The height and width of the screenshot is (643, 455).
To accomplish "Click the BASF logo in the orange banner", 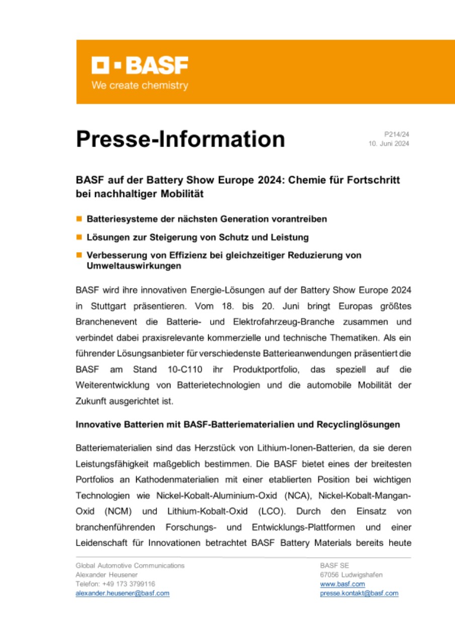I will pyautogui.click(x=140, y=66).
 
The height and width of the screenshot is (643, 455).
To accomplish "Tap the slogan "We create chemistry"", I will pyautogui.click(x=140, y=86).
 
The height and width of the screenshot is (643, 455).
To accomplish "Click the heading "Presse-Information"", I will pyautogui.click(x=180, y=139).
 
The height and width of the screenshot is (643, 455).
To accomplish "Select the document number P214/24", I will pyautogui.click(x=396, y=135).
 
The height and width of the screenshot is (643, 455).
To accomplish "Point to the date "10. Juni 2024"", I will pyautogui.click(x=389, y=144).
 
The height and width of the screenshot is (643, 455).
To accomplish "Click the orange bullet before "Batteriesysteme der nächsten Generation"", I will pyautogui.click(x=79, y=220).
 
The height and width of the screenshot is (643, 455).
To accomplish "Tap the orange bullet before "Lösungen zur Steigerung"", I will pyautogui.click(x=79, y=237).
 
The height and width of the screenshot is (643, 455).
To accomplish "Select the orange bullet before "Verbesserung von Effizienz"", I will pyautogui.click(x=79, y=255).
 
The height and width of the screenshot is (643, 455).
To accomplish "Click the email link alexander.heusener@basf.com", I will pyautogui.click(x=122, y=593).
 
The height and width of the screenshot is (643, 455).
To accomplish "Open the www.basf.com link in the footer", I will pyautogui.click(x=342, y=584).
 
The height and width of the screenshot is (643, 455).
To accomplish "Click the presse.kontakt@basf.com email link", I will pyautogui.click(x=359, y=593).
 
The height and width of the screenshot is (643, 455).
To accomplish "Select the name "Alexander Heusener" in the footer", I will pyautogui.click(x=107, y=575).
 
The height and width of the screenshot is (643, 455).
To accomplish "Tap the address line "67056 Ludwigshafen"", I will pyautogui.click(x=351, y=575).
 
